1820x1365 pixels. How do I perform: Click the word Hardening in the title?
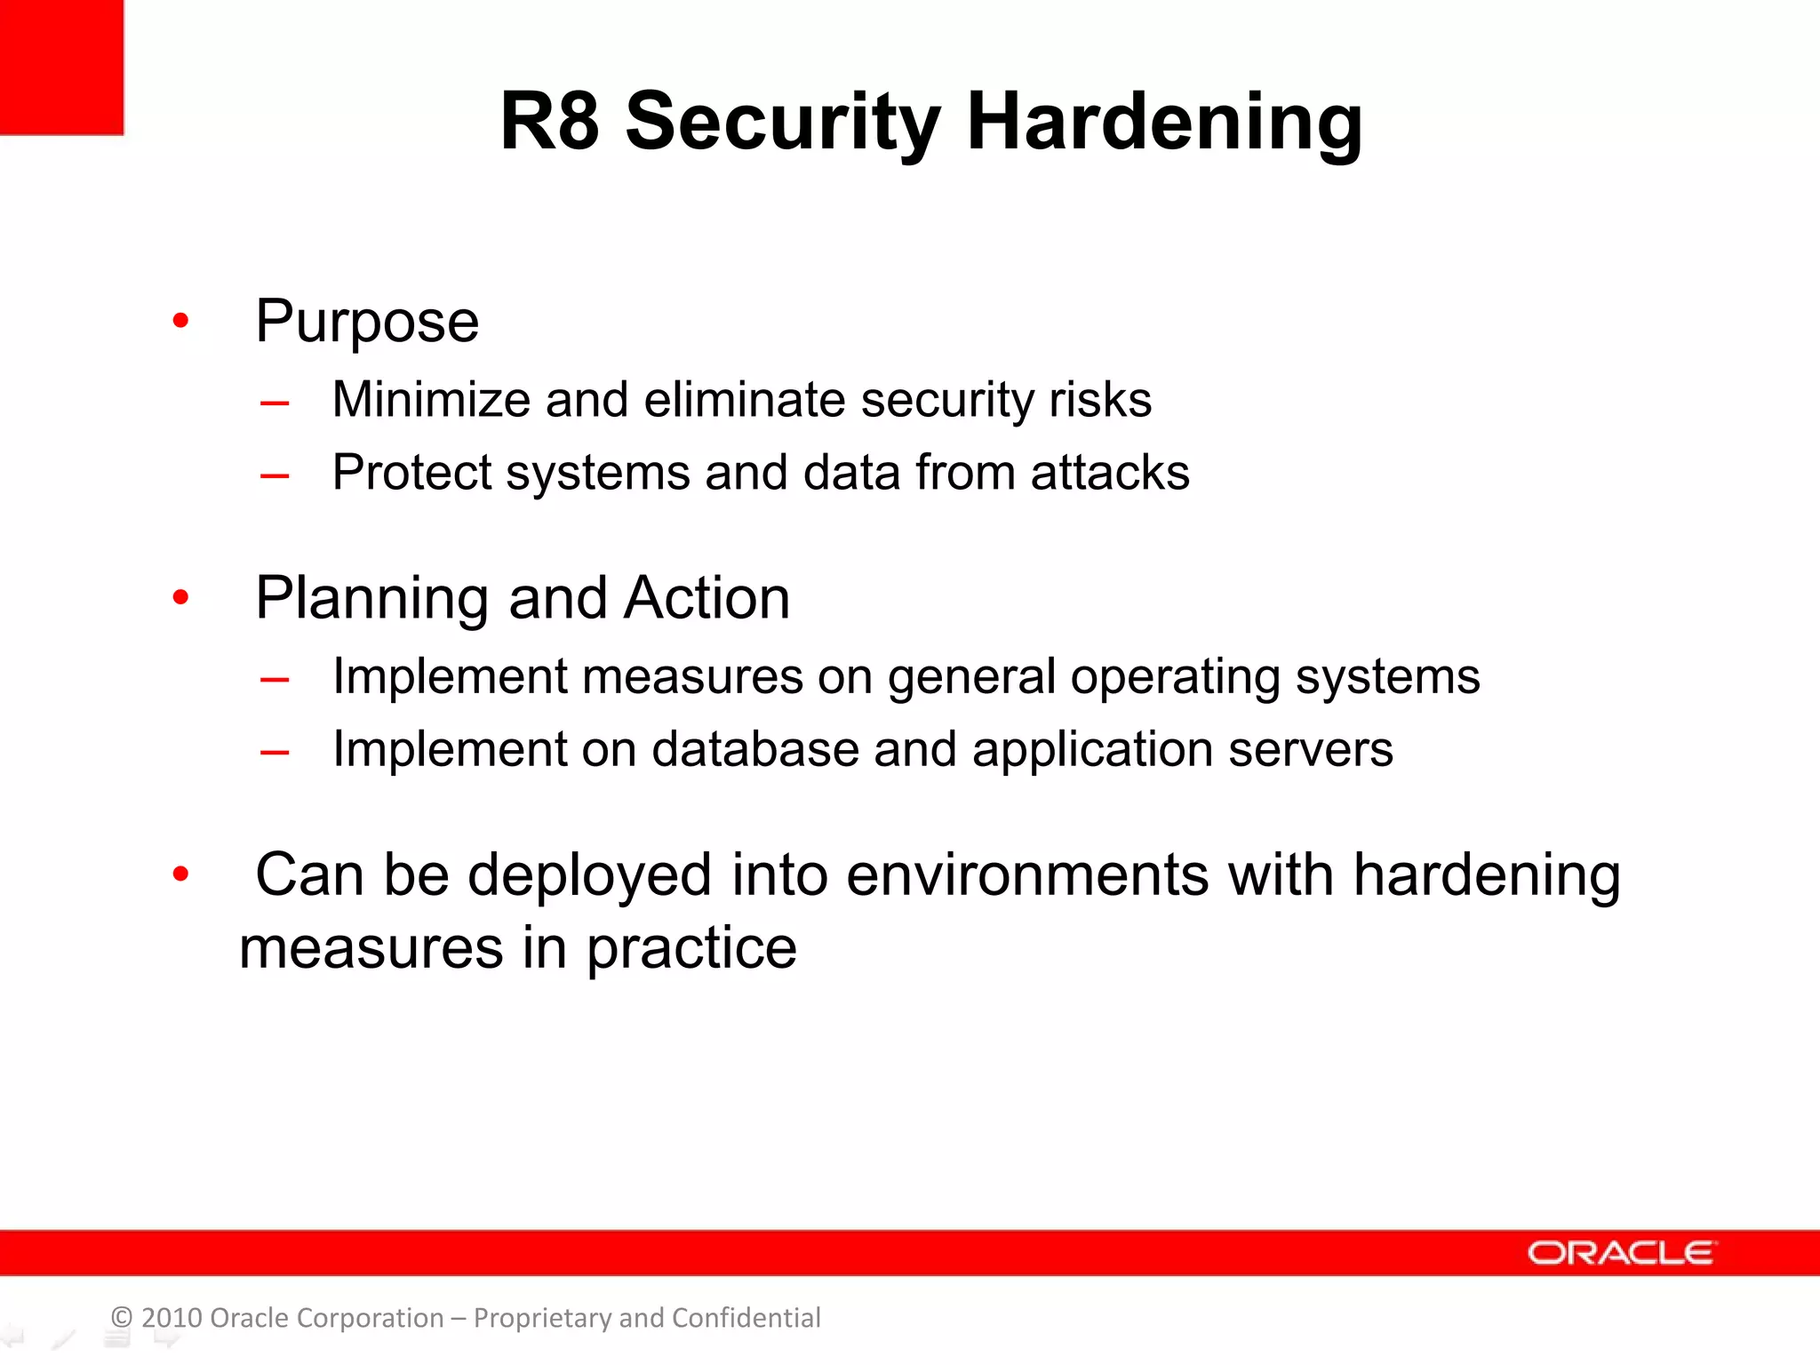click(1164, 123)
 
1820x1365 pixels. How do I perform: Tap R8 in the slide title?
click(549, 122)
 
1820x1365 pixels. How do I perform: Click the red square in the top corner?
click(60, 67)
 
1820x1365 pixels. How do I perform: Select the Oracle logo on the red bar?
click(1621, 1253)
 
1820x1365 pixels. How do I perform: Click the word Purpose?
click(367, 323)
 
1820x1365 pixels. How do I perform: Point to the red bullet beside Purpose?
click(180, 320)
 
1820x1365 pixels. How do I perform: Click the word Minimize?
click(430, 399)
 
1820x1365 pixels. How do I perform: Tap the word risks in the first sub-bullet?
click(1100, 400)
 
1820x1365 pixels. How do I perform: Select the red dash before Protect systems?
click(275, 476)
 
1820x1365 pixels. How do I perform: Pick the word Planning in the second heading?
click(371, 599)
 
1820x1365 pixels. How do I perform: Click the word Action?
click(706, 598)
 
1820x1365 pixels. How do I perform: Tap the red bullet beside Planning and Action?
click(180, 597)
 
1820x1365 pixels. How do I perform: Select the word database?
click(755, 749)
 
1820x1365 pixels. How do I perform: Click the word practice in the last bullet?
click(691, 950)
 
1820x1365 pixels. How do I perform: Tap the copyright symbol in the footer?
click(122, 1318)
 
